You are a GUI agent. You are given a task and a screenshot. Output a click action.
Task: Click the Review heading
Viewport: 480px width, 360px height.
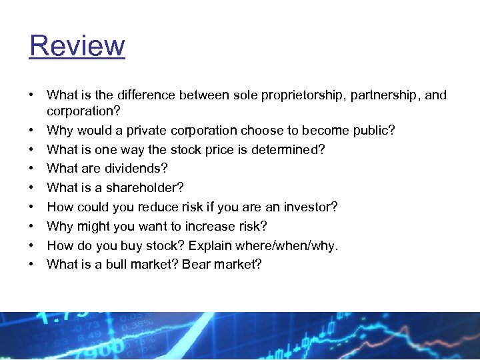77,46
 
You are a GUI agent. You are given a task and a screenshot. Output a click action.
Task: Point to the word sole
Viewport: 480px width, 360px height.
245,95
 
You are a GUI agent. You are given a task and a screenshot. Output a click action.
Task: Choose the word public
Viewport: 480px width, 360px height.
377,130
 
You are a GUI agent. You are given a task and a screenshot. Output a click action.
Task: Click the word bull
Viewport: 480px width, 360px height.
116,265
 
